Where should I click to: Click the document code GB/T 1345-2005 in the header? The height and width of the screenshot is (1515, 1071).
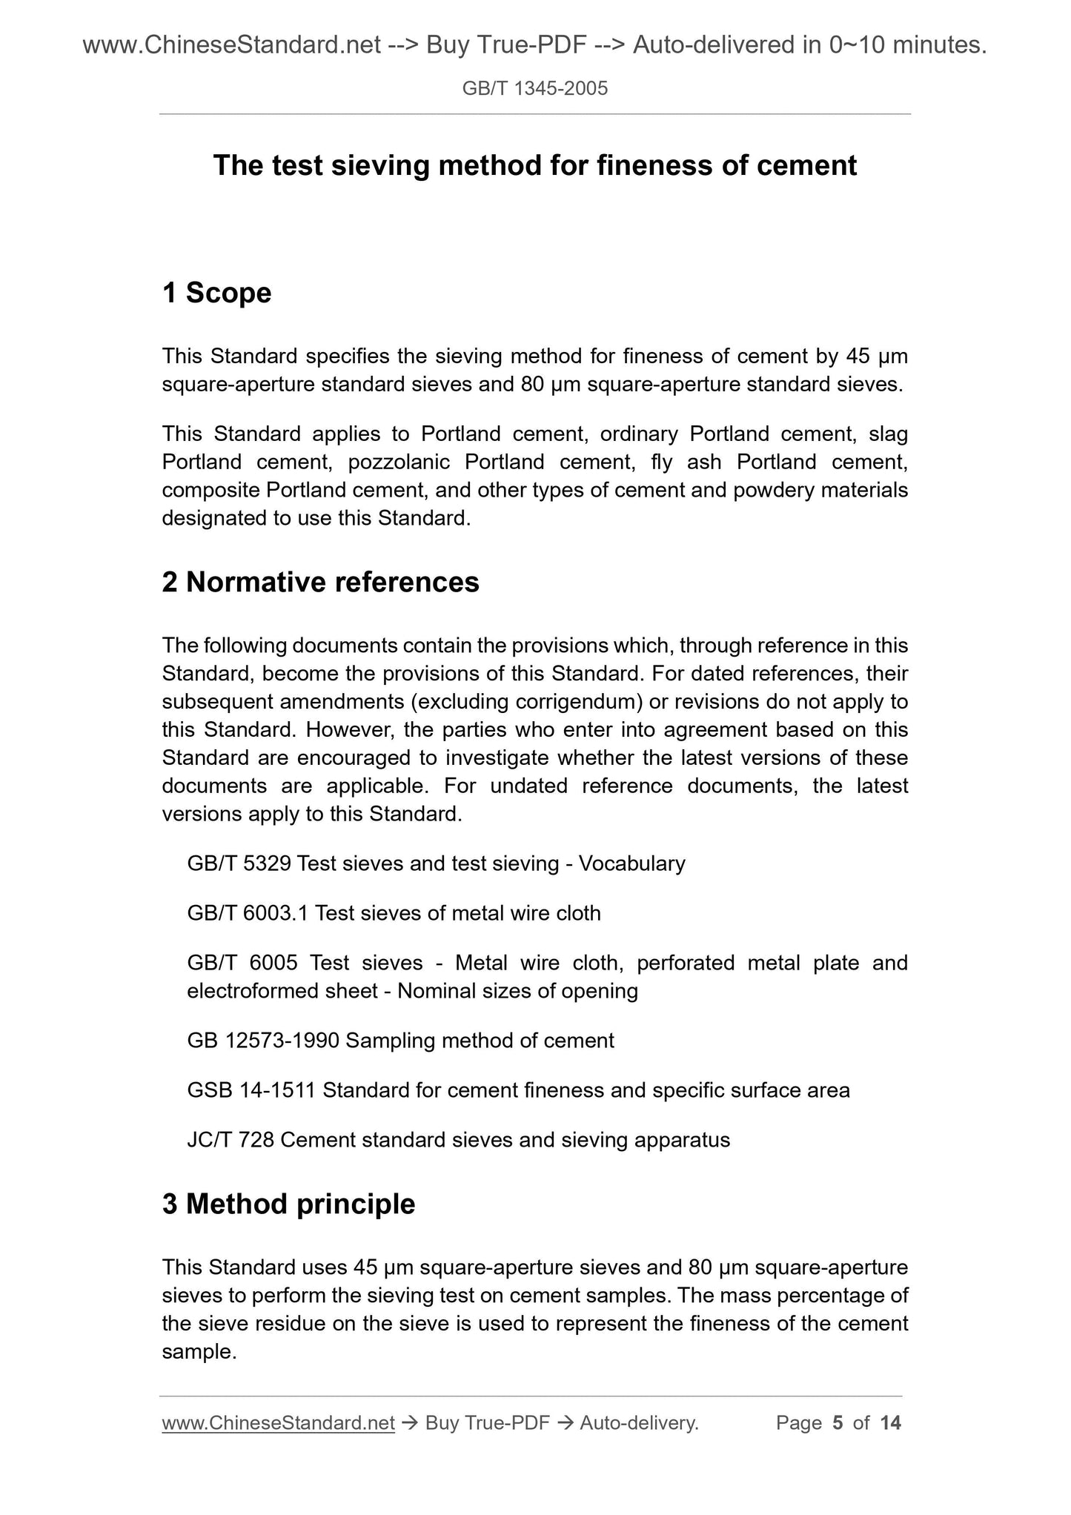pos(534,89)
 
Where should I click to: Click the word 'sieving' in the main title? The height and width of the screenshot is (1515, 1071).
pos(380,165)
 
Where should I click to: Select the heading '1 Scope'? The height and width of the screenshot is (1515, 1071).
pos(216,293)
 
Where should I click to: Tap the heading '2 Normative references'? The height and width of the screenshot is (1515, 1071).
pos(320,582)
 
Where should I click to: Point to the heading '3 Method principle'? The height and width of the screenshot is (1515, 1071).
pos(288,1204)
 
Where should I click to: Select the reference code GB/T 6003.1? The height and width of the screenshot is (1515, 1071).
pos(248,913)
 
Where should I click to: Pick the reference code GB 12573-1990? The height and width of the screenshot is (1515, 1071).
pos(263,1041)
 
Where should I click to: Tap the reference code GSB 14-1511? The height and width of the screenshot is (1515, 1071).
pos(251,1090)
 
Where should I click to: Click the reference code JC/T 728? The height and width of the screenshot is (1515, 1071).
pos(231,1140)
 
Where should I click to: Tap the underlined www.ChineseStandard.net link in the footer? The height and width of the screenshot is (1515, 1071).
pos(278,1422)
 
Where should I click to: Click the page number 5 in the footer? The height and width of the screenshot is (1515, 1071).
pos(838,1422)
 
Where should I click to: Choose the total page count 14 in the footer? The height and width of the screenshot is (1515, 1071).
pos(890,1422)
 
